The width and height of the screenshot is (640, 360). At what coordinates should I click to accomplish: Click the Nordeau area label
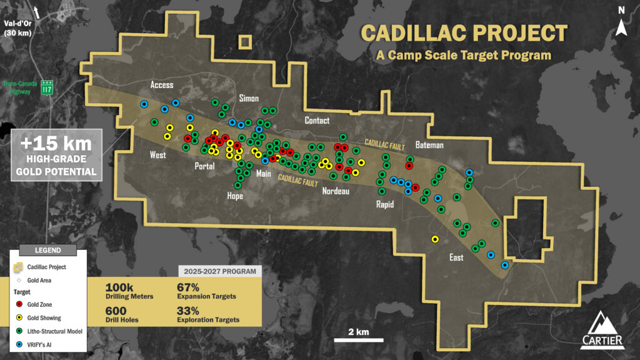335,191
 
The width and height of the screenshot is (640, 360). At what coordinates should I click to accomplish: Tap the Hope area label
234,196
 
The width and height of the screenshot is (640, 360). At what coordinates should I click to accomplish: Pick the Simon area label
249,99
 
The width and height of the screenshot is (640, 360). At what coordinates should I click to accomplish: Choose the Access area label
162,85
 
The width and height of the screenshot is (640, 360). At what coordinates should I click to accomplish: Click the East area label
456,257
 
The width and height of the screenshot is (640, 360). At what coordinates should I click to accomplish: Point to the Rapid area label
384,204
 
